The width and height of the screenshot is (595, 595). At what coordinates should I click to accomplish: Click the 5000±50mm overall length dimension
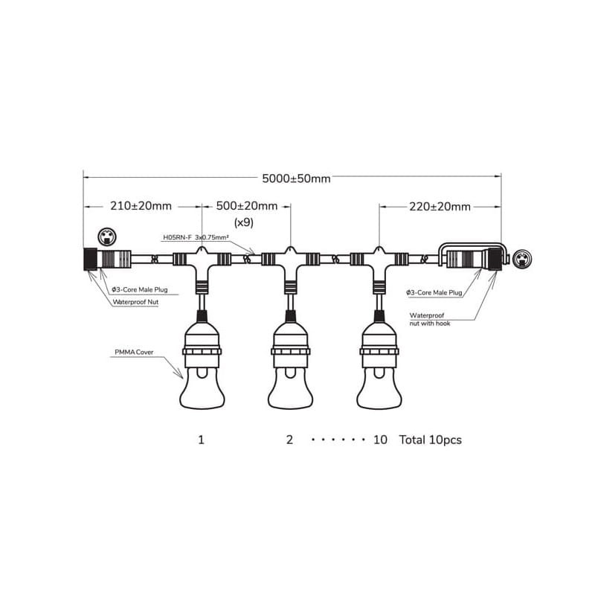pyautogui.click(x=296, y=178)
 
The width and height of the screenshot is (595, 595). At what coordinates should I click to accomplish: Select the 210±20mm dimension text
pyautogui.click(x=141, y=206)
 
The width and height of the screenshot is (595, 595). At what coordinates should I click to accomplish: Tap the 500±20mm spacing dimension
pyautogui.click(x=247, y=206)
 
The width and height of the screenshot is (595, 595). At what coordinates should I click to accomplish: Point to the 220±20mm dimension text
pyautogui.click(x=440, y=207)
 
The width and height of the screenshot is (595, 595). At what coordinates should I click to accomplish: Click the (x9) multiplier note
pyautogui.click(x=244, y=222)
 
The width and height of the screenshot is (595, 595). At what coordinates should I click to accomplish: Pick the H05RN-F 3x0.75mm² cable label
pyautogui.click(x=196, y=237)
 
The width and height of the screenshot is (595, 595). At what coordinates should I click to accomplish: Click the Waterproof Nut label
pyautogui.click(x=135, y=302)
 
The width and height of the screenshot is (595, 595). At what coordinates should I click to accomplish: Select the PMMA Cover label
pyautogui.click(x=134, y=352)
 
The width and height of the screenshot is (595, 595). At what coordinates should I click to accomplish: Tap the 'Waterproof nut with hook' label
pyautogui.click(x=430, y=319)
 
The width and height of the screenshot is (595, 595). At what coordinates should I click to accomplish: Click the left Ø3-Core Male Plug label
pyautogui.click(x=139, y=289)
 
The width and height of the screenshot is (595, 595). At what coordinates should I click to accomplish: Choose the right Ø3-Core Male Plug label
pyautogui.click(x=434, y=292)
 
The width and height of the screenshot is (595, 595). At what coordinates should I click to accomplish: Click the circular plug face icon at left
pyautogui.click(x=107, y=237)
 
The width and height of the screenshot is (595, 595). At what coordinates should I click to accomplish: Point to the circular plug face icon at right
pyautogui.click(x=522, y=259)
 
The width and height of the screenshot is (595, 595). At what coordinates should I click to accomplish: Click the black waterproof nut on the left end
pyautogui.click(x=90, y=259)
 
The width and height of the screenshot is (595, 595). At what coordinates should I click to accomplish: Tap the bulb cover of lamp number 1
pyautogui.click(x=202, y=387)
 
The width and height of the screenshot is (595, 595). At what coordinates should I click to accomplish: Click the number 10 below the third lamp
pyautogui.click(x=380, y=440)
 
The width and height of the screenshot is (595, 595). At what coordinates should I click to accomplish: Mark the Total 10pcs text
pyautogui.click(x=431, y=440)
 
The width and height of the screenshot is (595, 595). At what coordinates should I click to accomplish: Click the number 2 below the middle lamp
pyautogui.click(x=289, y=440)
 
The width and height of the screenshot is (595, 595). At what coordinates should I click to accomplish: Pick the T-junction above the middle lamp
pyautogui.click(x=290, y=262)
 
